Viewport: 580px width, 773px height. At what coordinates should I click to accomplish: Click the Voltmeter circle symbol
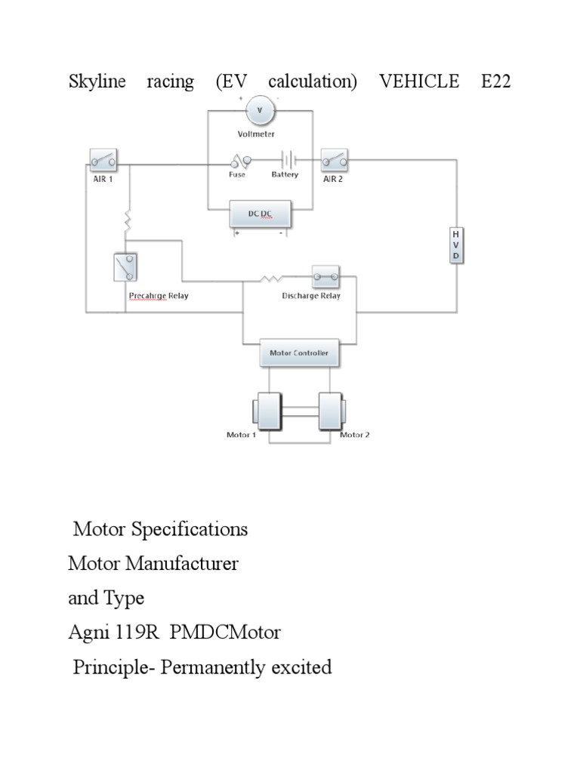(261, 111)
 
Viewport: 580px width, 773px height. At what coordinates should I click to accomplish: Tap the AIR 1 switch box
(103, 160)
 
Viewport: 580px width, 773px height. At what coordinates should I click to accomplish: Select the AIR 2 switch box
(335, 160)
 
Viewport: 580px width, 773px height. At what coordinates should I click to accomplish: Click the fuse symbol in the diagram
(241, 160)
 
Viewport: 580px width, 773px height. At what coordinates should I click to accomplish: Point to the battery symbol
(287, 160)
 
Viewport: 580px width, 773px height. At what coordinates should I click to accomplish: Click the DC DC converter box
(260, 215)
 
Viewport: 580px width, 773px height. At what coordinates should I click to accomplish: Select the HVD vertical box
(455, 245)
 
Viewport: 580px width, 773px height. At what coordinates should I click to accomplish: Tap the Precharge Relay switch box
(126, 268)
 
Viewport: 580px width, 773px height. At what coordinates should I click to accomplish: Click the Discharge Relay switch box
(325, 277)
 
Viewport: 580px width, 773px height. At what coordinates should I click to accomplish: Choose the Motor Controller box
(299, 353)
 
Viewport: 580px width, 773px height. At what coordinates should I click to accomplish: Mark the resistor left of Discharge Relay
(270, 279)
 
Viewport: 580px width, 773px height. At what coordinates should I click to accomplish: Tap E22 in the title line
(495, 82)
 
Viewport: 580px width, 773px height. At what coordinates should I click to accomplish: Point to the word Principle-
(115, 667)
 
